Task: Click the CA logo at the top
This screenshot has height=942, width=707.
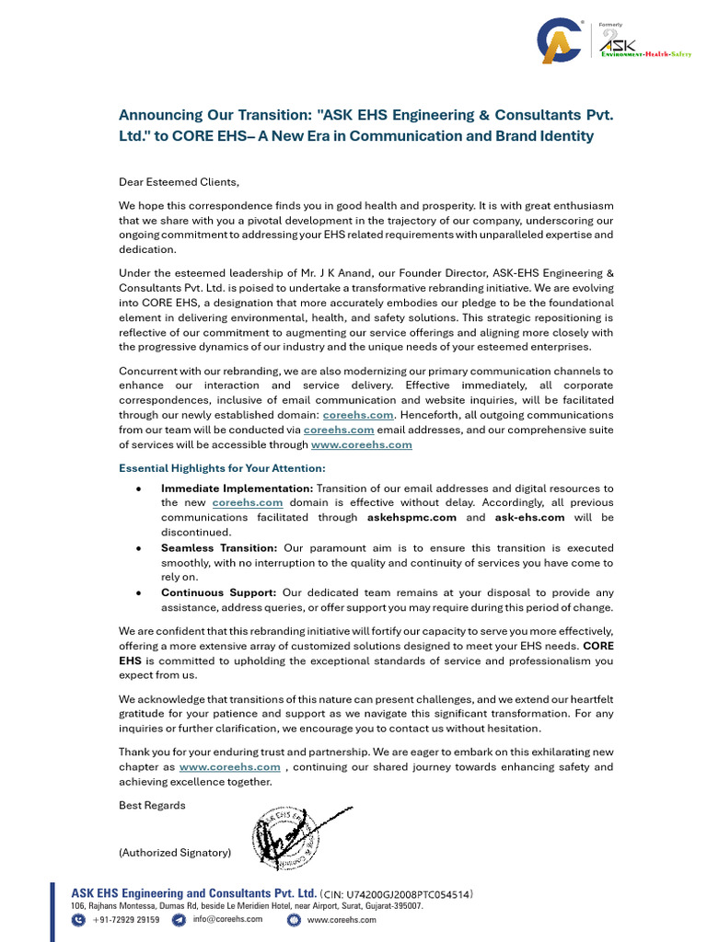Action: pos(561,41)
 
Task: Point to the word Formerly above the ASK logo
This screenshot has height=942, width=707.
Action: pos(611,25)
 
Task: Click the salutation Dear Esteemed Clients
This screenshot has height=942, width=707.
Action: pos(179,182)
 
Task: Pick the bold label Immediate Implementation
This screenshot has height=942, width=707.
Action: pos(237,488)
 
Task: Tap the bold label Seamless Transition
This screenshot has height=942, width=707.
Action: pos(218,547)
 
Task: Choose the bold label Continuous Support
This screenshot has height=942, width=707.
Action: pos(218,592)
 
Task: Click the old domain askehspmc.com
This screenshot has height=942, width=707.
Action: pos(412,518)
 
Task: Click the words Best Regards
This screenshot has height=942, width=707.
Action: pos(152,805)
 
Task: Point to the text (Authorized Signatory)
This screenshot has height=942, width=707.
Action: pos(175,853)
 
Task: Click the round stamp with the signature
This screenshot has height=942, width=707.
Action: pos(287,835)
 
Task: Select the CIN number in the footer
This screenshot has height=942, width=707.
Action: pos(398,893)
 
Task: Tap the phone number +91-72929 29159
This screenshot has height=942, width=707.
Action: pos(125,919)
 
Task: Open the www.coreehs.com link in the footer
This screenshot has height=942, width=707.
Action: pos(342,919)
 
